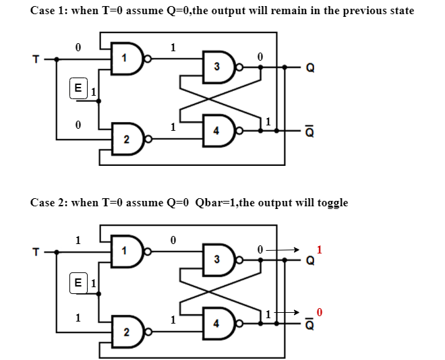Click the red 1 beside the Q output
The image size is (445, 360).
(x=320, y=249)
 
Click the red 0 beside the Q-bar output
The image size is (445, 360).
(x=320, y=312)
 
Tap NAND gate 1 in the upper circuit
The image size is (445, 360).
(x=129, y=59)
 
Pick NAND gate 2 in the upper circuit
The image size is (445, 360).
(x=129, y=140)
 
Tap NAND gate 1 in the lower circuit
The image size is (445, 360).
(x=129, y=251)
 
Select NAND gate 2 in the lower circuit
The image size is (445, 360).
(x=129, y=332)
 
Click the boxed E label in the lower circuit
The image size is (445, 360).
(x=78, y=282)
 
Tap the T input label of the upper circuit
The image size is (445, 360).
(x=36, y=59)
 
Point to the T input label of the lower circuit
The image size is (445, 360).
(x=36, y=252)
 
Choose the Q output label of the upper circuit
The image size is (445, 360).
(x=309, y=68)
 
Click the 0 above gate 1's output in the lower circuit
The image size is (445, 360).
(x=173, y=241)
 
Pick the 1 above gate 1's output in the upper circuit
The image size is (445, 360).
(x=173, y=47)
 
